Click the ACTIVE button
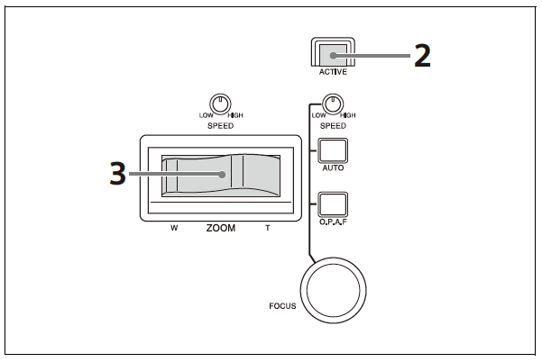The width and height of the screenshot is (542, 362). point(333,52)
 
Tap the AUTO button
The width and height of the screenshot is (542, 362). point(333,150)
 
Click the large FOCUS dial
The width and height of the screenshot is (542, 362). point(333,290)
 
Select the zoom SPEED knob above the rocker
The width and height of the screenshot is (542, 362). point(220,104)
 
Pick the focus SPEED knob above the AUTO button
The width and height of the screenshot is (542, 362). point(333,104)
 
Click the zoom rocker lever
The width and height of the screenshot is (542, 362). point(221,176)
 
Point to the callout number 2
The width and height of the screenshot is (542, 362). point(422,55)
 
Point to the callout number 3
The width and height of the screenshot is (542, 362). point(117,174)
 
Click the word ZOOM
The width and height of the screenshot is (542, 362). point(221,228)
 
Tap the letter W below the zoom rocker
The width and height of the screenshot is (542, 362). point(174,228)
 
